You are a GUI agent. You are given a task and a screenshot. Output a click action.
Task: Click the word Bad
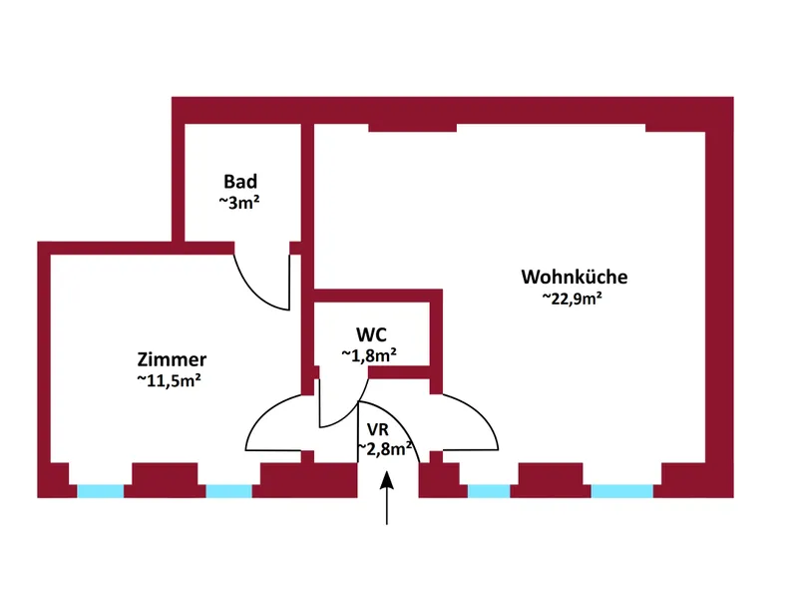[240, 182]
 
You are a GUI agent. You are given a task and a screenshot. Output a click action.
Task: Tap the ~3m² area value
[239, 202]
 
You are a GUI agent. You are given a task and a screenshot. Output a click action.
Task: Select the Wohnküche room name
[574, 277]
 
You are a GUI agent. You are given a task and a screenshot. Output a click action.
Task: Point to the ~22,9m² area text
[574, 298]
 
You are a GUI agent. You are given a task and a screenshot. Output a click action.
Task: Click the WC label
[371, 333]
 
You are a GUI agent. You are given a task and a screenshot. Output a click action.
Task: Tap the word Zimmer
[172, 359]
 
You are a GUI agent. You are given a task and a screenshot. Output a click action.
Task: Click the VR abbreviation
[377, 429]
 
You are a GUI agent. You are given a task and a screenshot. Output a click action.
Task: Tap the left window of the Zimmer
[101, 491]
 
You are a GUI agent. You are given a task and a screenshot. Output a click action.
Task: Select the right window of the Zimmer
[228, 491]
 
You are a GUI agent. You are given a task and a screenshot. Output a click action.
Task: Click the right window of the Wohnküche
[622, 491]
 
